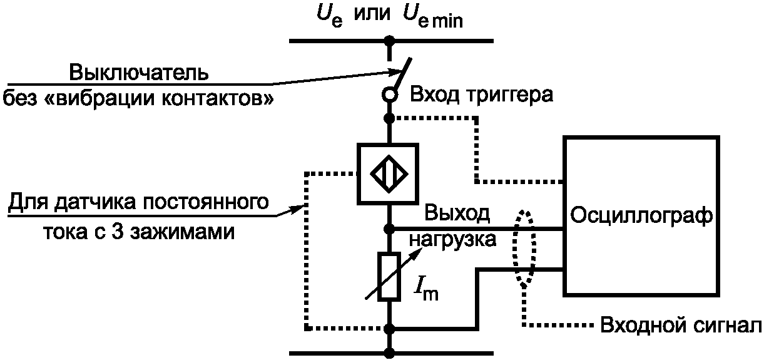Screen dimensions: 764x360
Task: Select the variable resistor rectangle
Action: click(389, 277)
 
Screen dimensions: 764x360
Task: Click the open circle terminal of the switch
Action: click(389, 95)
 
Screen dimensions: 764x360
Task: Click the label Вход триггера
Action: click(481, 95)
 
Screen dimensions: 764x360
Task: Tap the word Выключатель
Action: click(139, 73)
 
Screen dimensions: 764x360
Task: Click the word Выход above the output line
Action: click(457, 214)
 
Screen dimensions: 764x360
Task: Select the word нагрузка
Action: click(452, 240)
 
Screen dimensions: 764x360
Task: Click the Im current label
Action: click(426, 291)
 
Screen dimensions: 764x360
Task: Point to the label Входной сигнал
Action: click(681, 325)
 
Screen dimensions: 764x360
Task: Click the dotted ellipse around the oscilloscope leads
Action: click(514, 249)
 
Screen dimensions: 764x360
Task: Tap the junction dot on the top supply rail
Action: click(389, 41)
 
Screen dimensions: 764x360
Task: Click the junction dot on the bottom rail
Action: click(389, 353)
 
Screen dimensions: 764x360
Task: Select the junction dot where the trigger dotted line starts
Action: click(389, 118)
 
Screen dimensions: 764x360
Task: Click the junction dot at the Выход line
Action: click(389, 229)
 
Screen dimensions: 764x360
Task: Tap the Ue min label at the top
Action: click(433, 17)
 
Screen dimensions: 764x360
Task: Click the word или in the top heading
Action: click(372, 14)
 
